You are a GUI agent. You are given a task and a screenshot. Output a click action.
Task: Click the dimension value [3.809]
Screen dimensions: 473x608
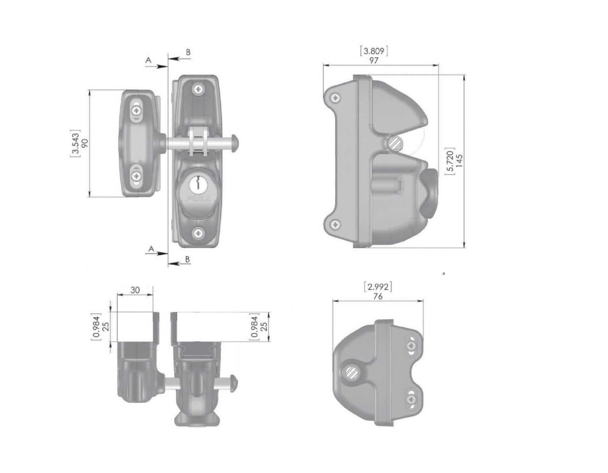point(374,51)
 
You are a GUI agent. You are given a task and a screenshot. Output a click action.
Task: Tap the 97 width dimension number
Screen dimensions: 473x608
point(374,60)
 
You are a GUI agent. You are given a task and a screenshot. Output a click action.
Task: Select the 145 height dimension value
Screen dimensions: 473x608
point(460,161)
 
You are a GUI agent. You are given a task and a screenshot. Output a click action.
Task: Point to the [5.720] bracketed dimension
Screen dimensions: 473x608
point(450,161)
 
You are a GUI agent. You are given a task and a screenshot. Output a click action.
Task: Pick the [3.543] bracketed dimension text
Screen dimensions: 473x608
point(75,143)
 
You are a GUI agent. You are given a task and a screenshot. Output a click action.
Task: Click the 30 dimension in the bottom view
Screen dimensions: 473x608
point(135,290)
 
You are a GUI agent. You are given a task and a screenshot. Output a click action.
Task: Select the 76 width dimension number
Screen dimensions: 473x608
point(377,296)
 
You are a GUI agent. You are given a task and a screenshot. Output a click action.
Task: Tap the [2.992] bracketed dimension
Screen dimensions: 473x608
point(377,287)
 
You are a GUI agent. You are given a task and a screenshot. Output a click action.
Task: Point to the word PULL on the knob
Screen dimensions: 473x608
point(198,198)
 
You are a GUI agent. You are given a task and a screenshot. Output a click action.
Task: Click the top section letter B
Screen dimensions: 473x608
point(188,53)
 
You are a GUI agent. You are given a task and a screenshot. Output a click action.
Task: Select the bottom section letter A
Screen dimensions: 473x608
point(152,249)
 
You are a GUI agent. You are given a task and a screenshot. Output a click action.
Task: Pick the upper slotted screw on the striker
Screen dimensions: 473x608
point(136,109)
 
